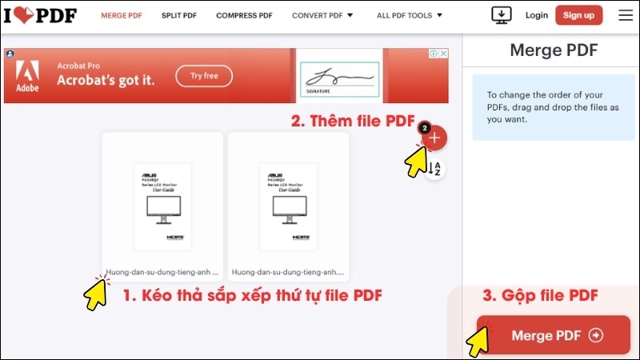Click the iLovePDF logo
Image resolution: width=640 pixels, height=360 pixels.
pyautogui.click(x=39, y=15)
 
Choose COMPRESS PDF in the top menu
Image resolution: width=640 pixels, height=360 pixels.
pyautogui.click(x=245, y=15)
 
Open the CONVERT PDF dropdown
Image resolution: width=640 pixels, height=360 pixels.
pyautogui.click(x=322, y=15)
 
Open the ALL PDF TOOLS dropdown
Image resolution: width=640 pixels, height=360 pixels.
pyautogui.click(x=410, y=15)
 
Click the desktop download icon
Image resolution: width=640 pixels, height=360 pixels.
pyautogui.click(x=502, y=15)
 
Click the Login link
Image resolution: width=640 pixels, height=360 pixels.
pyautogui.click(x=537, y=15)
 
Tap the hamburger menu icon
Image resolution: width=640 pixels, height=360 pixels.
pyautogui.click(x=625, y=15)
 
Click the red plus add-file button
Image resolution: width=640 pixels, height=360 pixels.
pyautogui.click(x=434, y=138)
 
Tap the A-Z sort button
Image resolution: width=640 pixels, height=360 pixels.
pyautogui.click(x=435, y=169)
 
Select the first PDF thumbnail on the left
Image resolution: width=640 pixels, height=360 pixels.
pyautogui.click(x=162, y=206)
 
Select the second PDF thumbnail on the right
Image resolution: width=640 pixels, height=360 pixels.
pyautogui.click(x=288, y=206)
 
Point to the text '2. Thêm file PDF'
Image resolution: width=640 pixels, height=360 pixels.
pyautogui.click(x=352, y=122)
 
